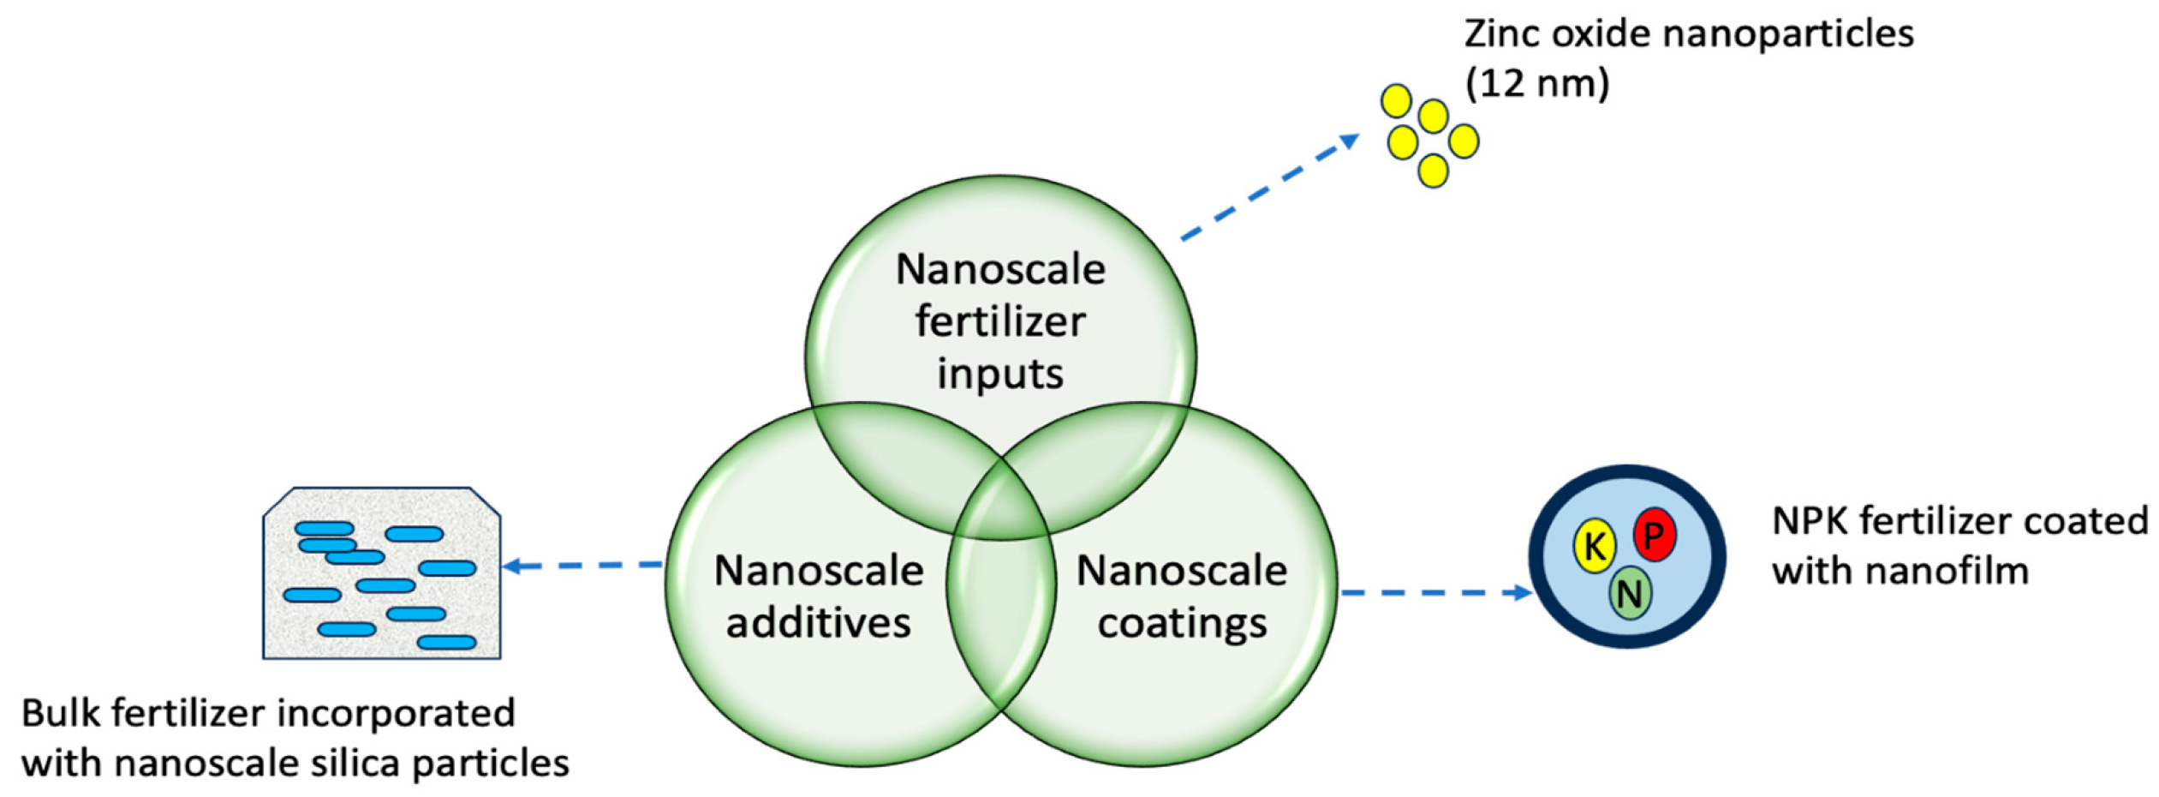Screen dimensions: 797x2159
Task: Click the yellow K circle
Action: coord(1593,545)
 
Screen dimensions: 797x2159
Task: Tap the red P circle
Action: coord(1653,535)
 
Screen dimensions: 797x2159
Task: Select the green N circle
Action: coord(1629,592)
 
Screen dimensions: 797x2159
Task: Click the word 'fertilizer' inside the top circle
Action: coord(999,321)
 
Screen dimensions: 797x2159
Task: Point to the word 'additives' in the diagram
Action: coord(818,623)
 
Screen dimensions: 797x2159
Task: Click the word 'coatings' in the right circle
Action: coord(1182,623)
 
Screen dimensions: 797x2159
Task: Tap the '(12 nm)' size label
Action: coord(1536,83)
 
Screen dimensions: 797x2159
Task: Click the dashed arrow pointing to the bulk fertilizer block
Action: coord(582,566)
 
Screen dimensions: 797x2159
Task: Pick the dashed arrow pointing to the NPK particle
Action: coord(1435,592)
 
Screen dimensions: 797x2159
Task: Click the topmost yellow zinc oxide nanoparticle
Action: coord(1396,100)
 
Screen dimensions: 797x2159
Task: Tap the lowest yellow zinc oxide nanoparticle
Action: coord(1433,171)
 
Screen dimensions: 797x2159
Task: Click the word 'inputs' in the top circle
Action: coord(999,374)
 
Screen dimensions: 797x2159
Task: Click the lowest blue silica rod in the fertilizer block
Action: coord(446,642)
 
